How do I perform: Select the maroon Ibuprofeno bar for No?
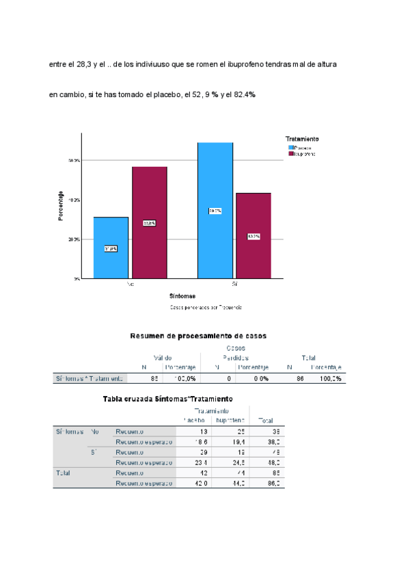tap(150, 223)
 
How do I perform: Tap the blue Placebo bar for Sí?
tap(215, 211)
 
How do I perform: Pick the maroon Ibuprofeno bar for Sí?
tap(254, 236)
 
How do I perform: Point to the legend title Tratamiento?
tap(301, 139)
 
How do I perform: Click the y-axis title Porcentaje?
tap(61, 205)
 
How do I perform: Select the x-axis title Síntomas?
tap(182, 296)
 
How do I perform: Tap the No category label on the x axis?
tap(130, 282)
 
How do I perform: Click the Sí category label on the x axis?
tap(234, 282)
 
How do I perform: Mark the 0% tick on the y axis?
tap(77, 279)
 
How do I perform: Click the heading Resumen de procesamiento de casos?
tap(198, 336)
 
